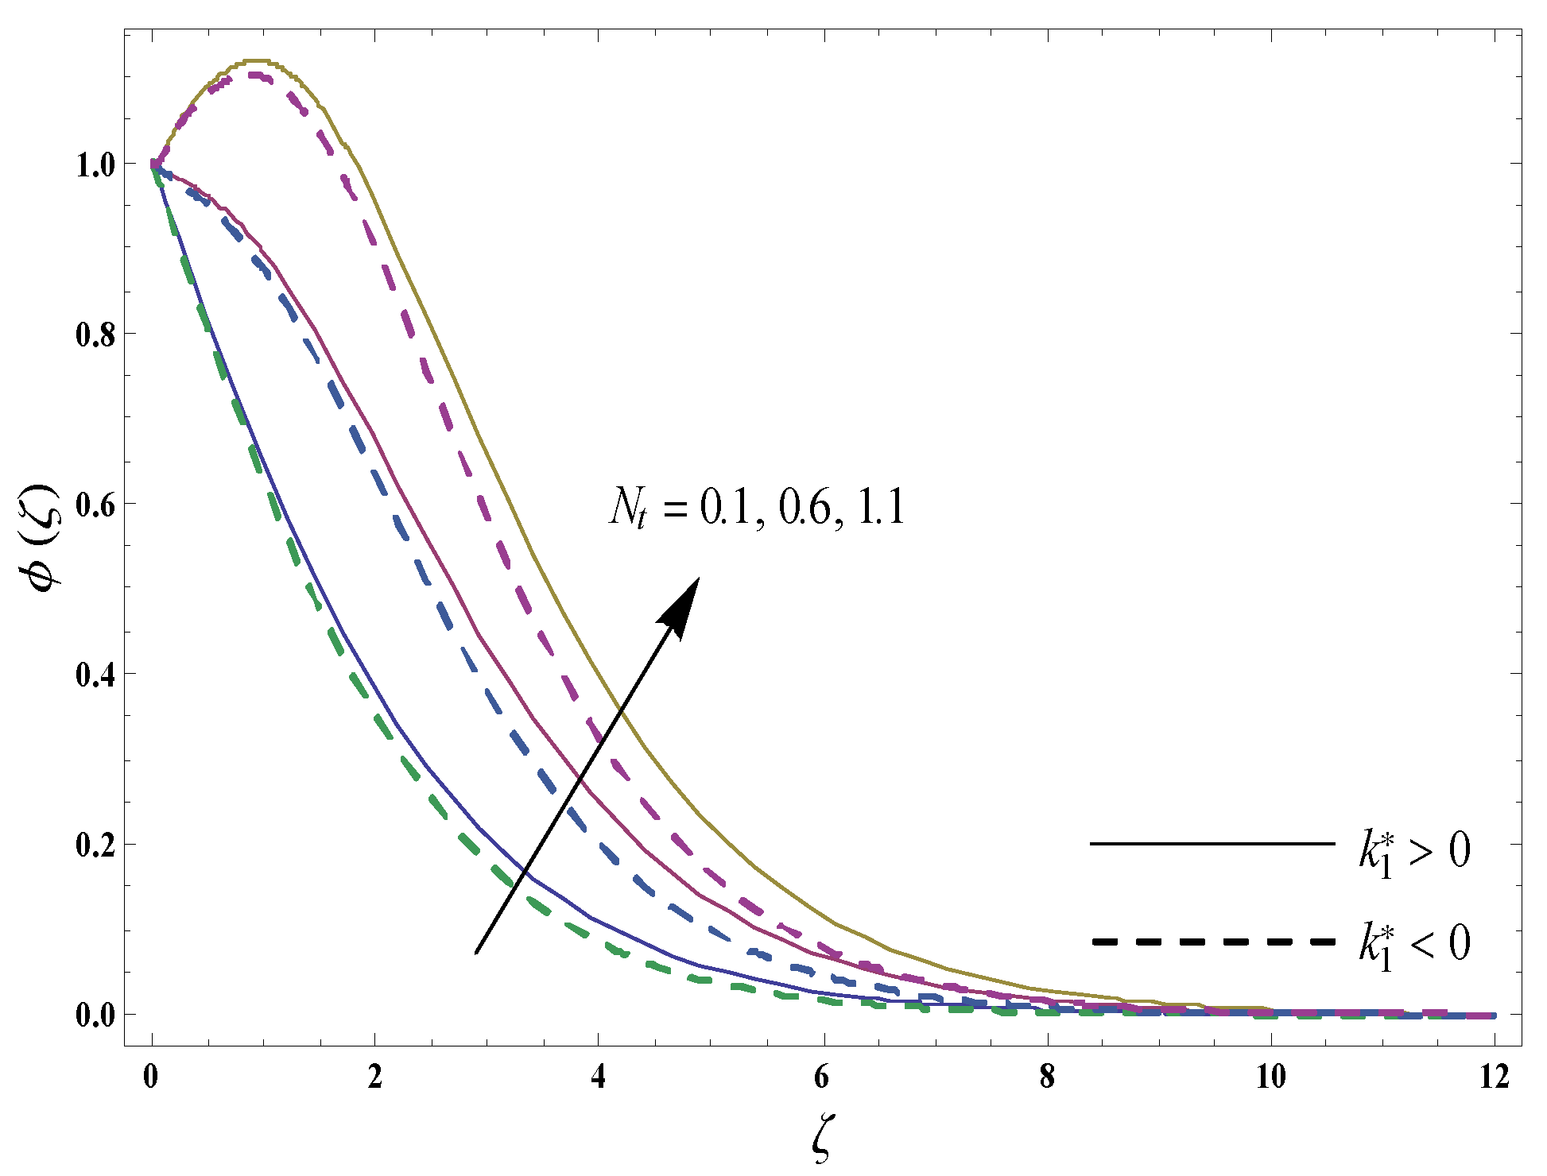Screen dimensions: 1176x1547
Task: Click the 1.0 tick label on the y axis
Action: coord(95,164)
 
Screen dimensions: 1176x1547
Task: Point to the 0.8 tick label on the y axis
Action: coord(95,335)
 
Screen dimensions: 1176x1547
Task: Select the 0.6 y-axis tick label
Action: coord(95,505)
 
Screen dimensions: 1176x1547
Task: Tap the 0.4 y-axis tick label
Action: coord(95,675)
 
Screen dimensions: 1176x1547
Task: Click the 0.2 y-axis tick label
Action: coord(95,845)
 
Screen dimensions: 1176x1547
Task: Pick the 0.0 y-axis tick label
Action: coord(95,1015)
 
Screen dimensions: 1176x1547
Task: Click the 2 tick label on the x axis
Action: coord(374,1077)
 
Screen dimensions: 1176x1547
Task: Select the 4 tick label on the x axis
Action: coord(599,1077)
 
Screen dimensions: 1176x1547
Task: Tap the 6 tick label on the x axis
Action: coord(823,1077)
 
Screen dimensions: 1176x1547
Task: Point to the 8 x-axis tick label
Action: coord(1047,1077)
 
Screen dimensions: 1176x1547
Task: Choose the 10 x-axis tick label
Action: coord(1270,1077)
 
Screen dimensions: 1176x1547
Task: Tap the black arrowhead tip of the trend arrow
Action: coord(697,579)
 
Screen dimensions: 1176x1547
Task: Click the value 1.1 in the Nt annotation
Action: coord(882,506)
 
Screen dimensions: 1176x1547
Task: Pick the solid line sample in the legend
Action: coord(1212,843)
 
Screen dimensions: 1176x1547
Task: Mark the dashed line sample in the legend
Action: coord(1212,942)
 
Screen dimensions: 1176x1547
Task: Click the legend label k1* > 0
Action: coord(1413,851)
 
